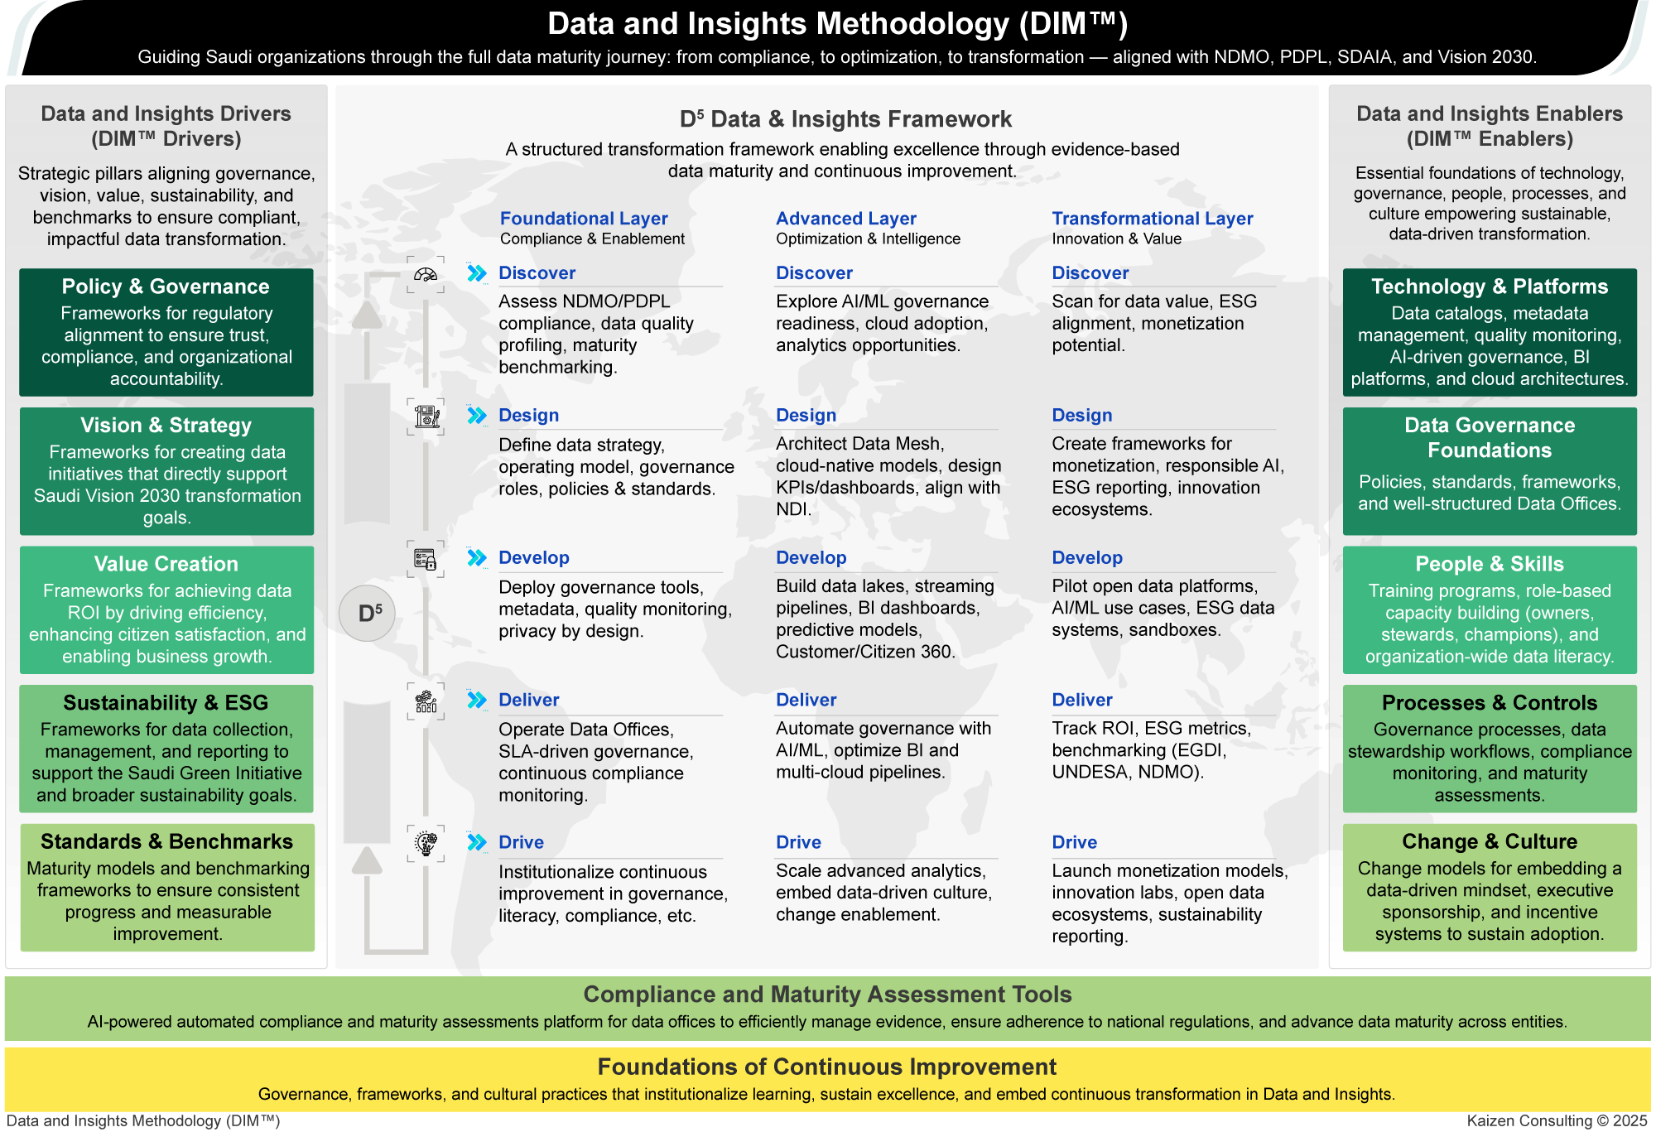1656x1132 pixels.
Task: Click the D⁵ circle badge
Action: pos(367,613)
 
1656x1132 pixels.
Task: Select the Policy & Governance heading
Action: pos(166,287)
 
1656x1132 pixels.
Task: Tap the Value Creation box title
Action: pos(166,564)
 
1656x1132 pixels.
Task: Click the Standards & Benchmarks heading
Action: pos(166,841)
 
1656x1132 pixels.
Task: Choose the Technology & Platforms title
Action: pos(1490,287)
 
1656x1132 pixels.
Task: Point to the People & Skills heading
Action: pos(1490,564)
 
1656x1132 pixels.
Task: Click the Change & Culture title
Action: pos(1490,841)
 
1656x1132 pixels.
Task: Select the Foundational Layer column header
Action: pos(584,219)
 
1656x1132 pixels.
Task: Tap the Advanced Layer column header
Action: pos(846,219)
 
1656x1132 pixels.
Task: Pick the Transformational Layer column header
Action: pos(1153,219)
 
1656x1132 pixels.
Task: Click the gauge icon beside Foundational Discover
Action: pos(426,275)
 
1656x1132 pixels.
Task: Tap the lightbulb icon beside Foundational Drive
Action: pos(426,844)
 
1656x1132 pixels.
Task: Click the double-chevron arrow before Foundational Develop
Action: pos(477,558)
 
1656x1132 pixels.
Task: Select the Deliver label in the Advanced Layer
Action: pos(806,700)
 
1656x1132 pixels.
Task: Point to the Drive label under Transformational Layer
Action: pos(1074,842)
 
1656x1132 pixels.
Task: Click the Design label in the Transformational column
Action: pos(1081,415)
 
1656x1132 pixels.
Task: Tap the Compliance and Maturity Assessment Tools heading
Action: pos(827,994)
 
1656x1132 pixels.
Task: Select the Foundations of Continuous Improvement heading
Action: pos(827,1067)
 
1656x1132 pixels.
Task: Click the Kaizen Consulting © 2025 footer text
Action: pos(1557,1120)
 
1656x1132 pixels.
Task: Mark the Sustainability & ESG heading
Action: pos(166,703)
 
